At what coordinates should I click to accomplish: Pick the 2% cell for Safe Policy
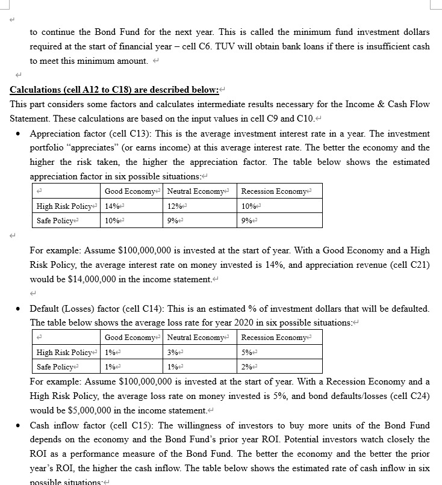coord(245,367)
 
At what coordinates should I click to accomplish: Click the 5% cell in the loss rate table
coord(245,353)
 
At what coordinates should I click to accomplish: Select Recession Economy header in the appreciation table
coord(274,191)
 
